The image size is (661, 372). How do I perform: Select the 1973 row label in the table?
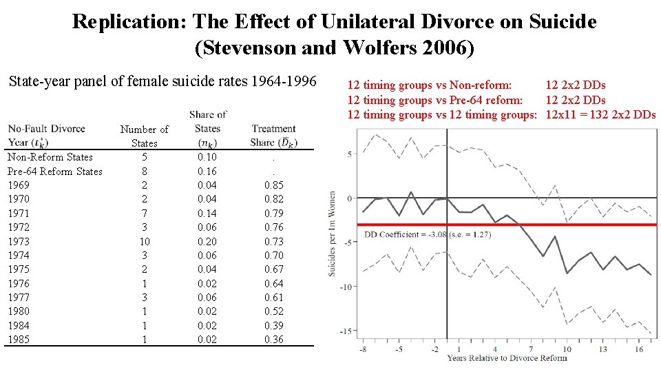click(19, 241)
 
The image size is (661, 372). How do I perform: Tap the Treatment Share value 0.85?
click(273, 185)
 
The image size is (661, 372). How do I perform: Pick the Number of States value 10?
click(144, 241)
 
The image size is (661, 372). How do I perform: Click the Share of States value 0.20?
click(207, 241)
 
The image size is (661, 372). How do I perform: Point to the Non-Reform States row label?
click(50, 157)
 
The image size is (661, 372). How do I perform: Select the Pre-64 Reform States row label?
click(54, 172)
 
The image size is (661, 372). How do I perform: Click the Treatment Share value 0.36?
click(273, 340)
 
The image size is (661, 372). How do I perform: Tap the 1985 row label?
click(19, 340)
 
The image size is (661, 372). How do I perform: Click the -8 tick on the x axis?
click(362, 349)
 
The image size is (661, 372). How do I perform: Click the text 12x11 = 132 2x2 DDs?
click(600, 114)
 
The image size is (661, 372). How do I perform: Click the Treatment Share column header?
click(273, 135)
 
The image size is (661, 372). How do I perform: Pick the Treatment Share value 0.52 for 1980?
click(273, 311)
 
